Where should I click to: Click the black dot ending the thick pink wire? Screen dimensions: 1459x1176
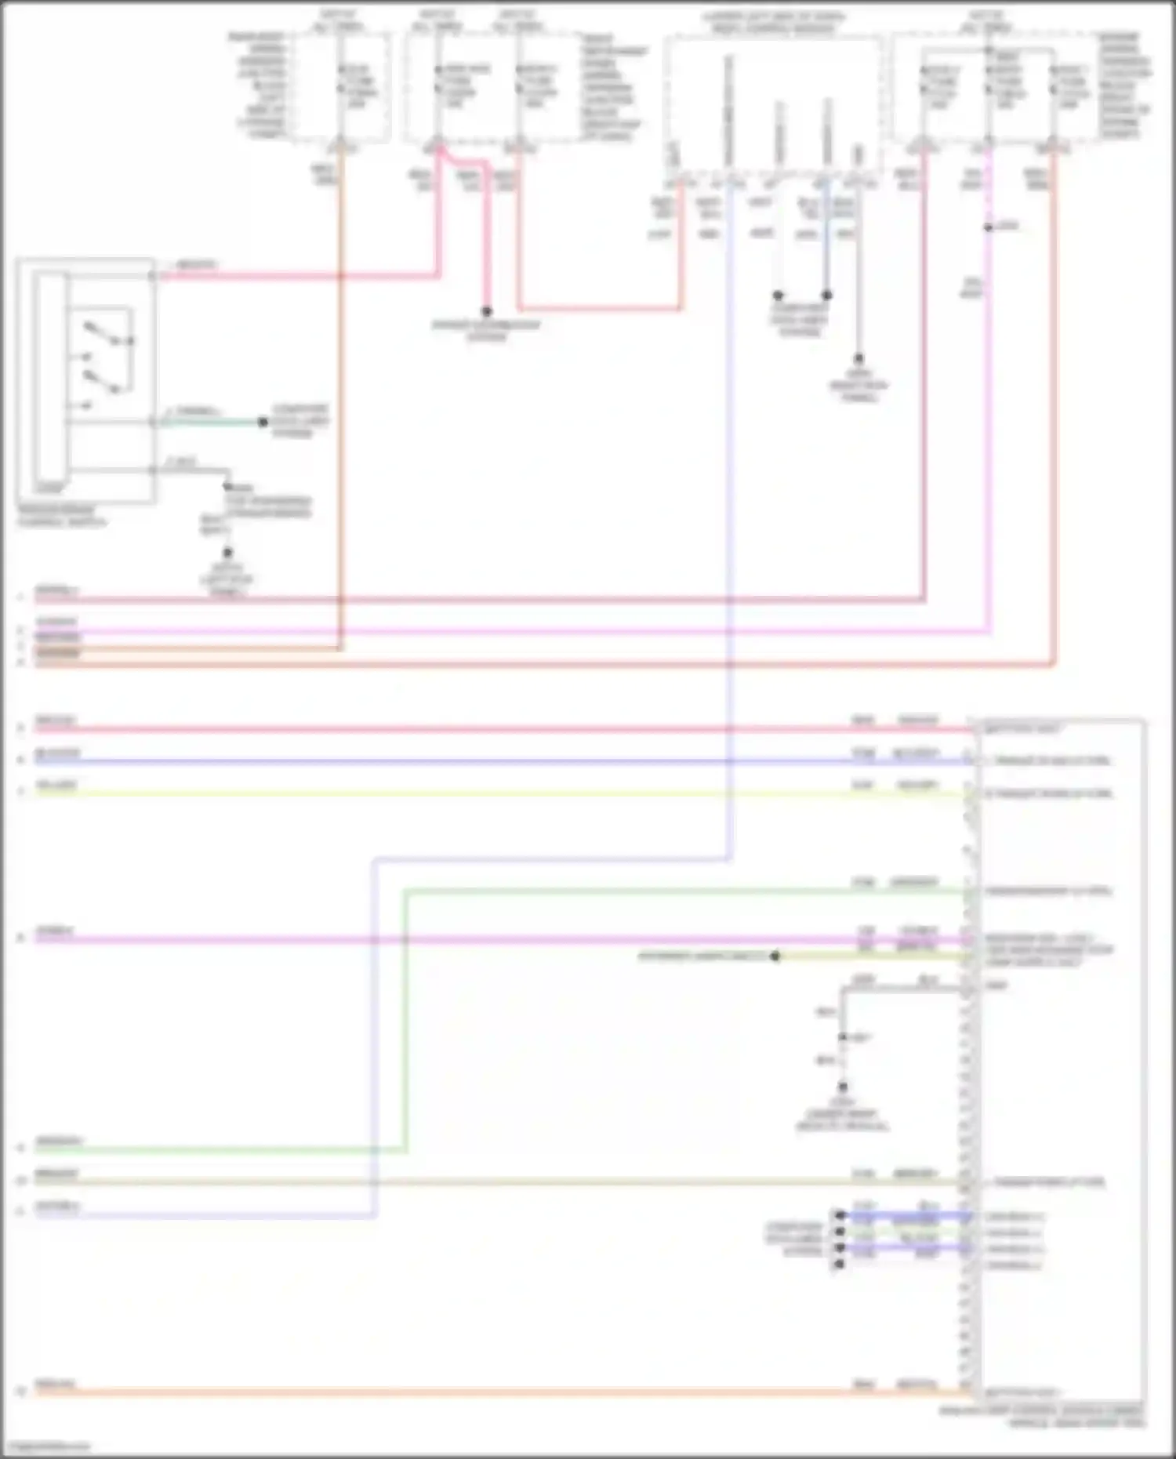click(x=486, y=311)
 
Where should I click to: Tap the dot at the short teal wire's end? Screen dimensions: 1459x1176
click(x=263, y=422)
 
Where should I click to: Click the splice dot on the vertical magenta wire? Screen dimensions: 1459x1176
click(x=989, y=227)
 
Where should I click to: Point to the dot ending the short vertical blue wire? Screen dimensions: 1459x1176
click(x=826, y=296)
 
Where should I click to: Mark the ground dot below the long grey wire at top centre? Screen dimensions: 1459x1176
click(x=858, y=359)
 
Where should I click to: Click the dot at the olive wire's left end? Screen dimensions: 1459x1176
click(x=775, y=956)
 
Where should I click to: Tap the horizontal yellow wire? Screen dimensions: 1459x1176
click(x=470, y=793)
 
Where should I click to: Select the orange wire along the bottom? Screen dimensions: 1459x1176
click(x=470, y=1392)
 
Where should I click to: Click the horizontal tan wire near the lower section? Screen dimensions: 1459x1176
click(x=470, y=1181)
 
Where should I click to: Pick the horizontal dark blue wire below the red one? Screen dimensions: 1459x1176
click(x=470, y=761)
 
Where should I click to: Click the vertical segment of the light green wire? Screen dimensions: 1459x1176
click(x=405, y=1019)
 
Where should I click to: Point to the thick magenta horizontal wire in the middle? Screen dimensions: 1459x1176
click(x=470, y=939)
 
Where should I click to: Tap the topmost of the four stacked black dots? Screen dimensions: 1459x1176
click(x=840, y=1215)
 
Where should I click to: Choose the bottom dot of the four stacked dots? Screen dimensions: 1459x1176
click(x=840, y=1264)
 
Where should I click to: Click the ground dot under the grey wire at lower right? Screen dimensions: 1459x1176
click(x=843, y=1087)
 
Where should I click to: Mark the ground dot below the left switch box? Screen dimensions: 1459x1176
click(x=227, y=553)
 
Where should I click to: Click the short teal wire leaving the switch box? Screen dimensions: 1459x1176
click(x=212, y=422)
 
